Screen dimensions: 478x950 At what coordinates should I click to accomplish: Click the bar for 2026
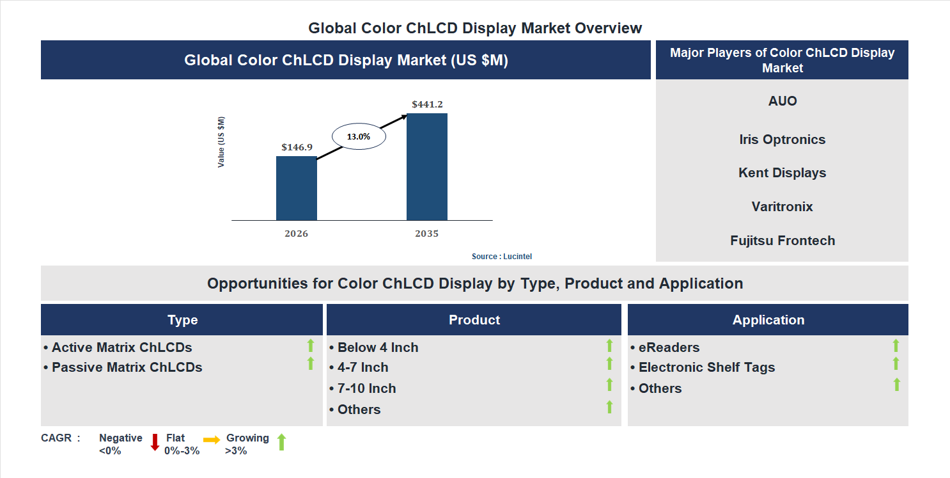(x=296, y=188)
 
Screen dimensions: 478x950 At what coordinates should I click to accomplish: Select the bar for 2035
(x=426, y=167)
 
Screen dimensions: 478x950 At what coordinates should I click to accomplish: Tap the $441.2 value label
(x=427, y=104)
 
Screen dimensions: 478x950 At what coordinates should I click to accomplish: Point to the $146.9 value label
(x=297, y=147)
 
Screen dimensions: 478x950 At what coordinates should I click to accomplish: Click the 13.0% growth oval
(x=358, y=136)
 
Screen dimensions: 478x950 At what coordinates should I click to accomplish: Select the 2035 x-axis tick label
(x=426, y=234)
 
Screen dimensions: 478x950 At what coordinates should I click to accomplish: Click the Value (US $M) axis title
(x=221, y=142)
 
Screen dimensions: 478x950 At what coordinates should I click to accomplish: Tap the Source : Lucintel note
(x=501, y=257)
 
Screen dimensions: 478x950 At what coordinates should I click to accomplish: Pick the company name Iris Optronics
(x=782, y=139)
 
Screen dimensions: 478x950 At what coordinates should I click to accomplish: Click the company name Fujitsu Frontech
(x=782, y=241)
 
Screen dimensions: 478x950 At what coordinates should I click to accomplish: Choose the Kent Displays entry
(x=782, y=173)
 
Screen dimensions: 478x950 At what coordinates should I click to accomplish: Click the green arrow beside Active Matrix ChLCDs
(x=311, y=346)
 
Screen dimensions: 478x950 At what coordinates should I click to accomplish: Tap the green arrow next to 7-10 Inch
(x=609, y=385)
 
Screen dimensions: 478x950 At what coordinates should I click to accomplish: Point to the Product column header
(x=474, y=320)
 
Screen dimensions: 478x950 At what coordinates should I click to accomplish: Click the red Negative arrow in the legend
(x=155, y=442)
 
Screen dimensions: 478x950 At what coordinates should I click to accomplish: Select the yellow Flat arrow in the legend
(x=212, y=440)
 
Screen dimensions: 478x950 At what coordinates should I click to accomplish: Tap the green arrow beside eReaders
(x=896, y=346)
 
